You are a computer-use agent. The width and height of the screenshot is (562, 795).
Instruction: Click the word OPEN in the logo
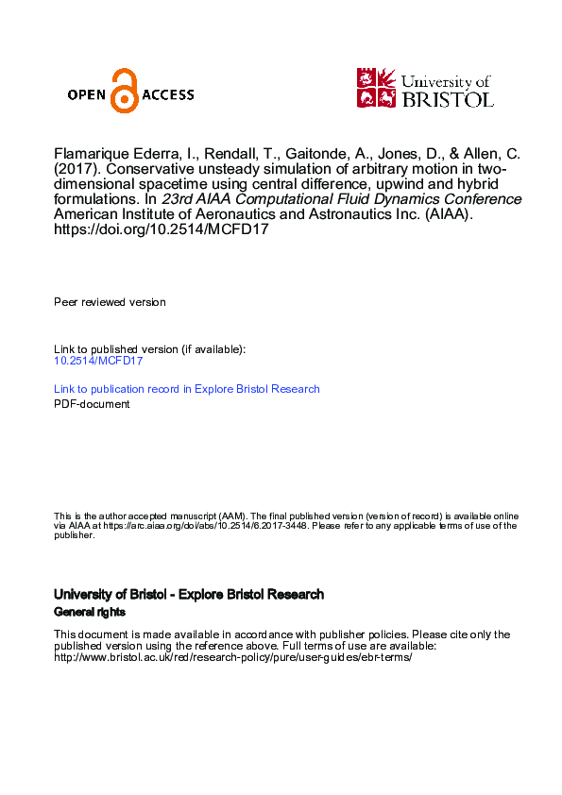[x=89, y=94]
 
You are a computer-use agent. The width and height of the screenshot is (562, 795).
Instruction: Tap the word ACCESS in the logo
[x=167, y=94]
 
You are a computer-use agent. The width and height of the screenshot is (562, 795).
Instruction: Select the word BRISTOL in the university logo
[x=448, y=98]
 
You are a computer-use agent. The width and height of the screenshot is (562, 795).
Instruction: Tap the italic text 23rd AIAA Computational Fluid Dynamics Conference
[x=341, y=200]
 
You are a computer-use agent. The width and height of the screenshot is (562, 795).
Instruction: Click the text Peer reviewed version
[x=110, y=302]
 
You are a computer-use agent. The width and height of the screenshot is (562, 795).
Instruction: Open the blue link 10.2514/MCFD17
[x=98, y=361]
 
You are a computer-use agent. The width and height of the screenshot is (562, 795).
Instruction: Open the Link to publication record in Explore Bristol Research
[x=187, y=389]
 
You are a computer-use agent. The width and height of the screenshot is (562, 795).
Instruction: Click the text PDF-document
[x=92, y=404]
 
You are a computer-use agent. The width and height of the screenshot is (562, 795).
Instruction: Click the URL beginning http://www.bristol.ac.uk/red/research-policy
[x=233, y=657]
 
